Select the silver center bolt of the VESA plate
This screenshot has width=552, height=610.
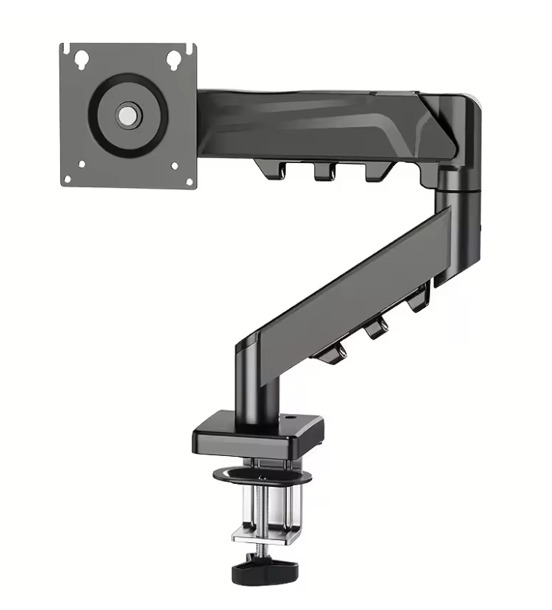pyautogui.click(x=127, y=115)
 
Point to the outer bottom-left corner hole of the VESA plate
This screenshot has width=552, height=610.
pyautogui.click(x=68, y=179)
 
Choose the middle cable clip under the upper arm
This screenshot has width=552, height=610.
pyautogui.click(x=323, y=171)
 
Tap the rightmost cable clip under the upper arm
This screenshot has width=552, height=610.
pyautogui.click(x=374, y=171)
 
